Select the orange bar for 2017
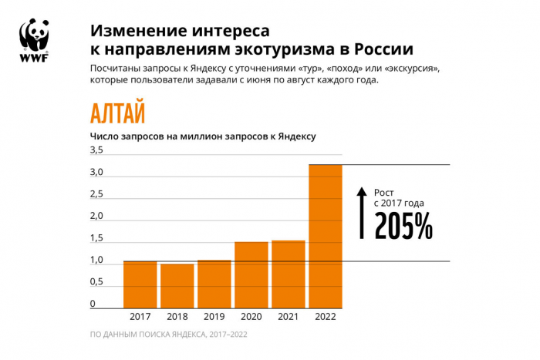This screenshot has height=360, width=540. (x=140, y=284)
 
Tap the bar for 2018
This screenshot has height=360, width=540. (x=177, y=286)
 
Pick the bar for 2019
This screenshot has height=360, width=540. (x=214, y=284)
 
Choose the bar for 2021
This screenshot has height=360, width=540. (x=289, y=274)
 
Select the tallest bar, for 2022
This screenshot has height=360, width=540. (x=326, y=236)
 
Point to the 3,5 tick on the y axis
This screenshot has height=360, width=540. (x=96, y=150)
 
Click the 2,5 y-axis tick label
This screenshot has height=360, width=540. (x=96, y=193)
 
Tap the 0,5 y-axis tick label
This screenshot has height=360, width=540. (x=96, y=281)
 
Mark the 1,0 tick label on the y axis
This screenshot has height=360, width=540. (x=96, y=260)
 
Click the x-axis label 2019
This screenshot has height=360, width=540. (x=214, y=316)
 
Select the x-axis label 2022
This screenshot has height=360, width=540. (x=326, y=316)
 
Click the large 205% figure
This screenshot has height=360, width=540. (x=403, y=225)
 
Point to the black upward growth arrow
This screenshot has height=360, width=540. (x=360, y=212)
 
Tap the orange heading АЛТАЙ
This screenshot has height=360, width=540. (x=117, y=113)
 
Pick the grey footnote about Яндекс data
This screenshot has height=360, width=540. (x=168, y=335)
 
